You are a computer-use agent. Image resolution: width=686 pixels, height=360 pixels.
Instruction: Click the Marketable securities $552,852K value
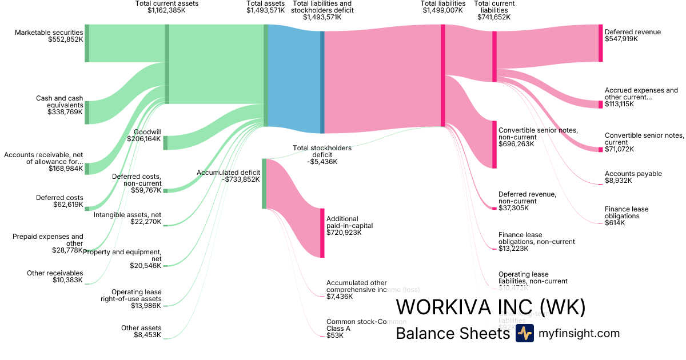(x=66, y=41)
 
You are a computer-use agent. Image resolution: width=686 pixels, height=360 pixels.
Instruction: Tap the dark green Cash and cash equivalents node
(x=87, y=112)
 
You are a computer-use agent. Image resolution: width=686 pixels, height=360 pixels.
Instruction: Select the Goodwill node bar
(x=165, y=143)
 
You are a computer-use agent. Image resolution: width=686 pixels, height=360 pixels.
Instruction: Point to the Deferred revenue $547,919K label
(x=632, y=36)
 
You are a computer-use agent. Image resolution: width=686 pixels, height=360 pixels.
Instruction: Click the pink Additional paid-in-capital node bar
(x=322, y=233)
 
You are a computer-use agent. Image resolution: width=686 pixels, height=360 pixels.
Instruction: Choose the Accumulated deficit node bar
(x=264, y=183)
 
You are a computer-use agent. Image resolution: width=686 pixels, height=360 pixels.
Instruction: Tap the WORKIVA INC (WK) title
(x=490, y=307)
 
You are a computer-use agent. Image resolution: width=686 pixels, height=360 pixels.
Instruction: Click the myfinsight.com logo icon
(x=524, y=334)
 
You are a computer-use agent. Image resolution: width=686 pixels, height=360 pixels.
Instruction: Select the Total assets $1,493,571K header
(x=265, y=7)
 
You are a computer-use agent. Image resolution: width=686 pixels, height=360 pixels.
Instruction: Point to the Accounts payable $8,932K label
(x=633, y=177)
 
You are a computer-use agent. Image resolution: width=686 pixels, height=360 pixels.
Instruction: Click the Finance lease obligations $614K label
(x=626, y=215)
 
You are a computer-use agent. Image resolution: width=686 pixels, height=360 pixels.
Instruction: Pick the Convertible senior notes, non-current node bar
(x=494, y=145)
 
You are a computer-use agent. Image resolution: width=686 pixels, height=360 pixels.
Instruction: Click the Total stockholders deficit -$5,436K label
(x=322, y=154)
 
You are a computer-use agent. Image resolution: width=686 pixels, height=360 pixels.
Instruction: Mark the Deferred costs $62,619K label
(x=59, y=201)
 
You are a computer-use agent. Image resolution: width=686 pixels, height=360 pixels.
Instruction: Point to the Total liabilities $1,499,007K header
(x=443, y=7)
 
